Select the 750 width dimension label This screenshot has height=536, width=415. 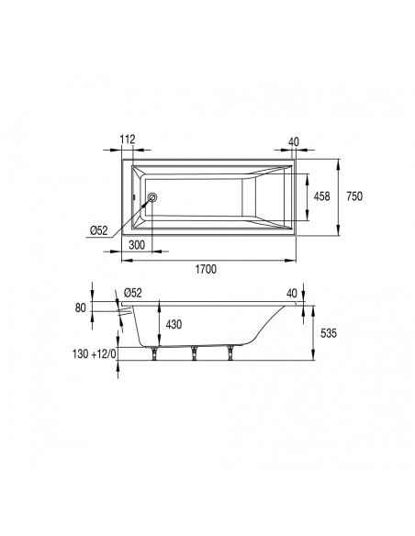pos(353,196)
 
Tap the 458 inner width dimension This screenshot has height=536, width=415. pos(321,196)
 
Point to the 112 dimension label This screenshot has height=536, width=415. pos(128,140)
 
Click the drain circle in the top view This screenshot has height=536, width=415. pos(153,196)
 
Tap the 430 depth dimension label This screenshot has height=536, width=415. pos(174,325)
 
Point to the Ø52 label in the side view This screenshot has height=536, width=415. pos(132,293)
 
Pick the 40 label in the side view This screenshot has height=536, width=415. pos(292,293)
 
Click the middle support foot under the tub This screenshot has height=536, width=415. pos(196,352)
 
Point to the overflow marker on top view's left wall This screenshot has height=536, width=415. pos(133,196)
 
